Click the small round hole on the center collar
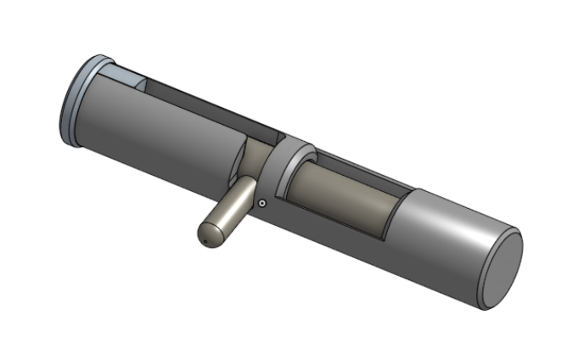[x=264, y=204]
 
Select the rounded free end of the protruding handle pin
[x=208, y=234]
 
